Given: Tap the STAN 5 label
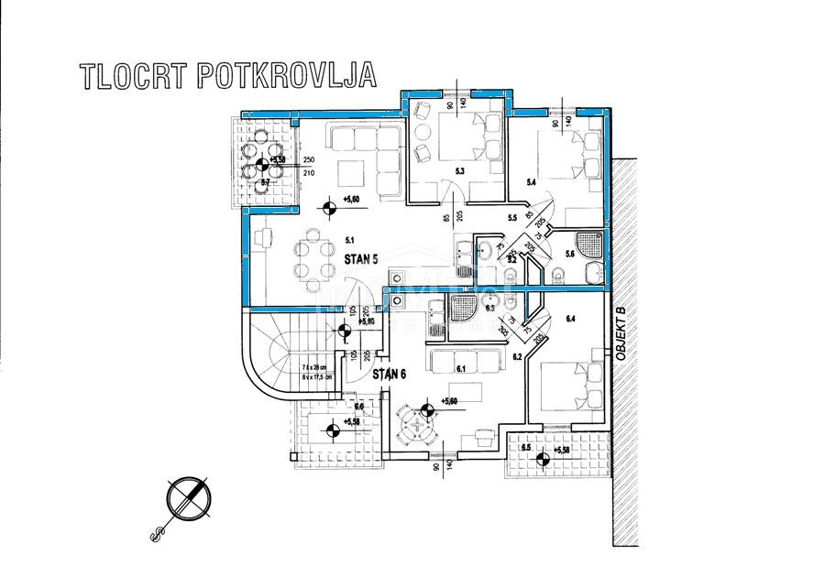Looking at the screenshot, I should [x=362, y=259].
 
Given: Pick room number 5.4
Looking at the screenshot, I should [x=530, y=183].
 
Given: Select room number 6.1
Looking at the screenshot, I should [x=461, y=369].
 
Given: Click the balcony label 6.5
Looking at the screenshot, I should [x=526, y=447].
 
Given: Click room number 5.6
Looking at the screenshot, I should [x=569, y=254].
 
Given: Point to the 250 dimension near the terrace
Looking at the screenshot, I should [x=308, y=159].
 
